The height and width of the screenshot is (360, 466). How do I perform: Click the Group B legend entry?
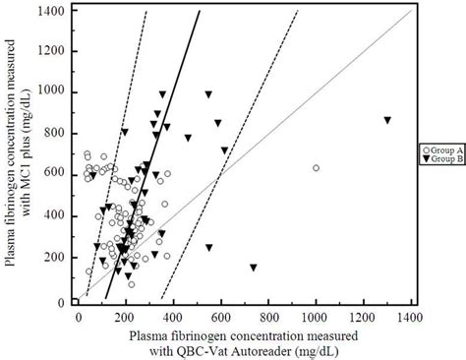(x=439, y=158)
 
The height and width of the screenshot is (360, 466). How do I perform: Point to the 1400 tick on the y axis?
(x=70, y=10)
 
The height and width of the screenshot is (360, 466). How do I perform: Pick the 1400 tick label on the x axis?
(x=410, y=318)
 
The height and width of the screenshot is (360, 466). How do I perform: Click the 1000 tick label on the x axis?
(x=316, y=318)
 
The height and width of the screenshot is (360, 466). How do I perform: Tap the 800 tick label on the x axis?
(x=268, y=318)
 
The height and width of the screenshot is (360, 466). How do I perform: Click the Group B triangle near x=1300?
(x=387, y=120)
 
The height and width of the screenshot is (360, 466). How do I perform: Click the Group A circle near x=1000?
(x=316, y=168)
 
